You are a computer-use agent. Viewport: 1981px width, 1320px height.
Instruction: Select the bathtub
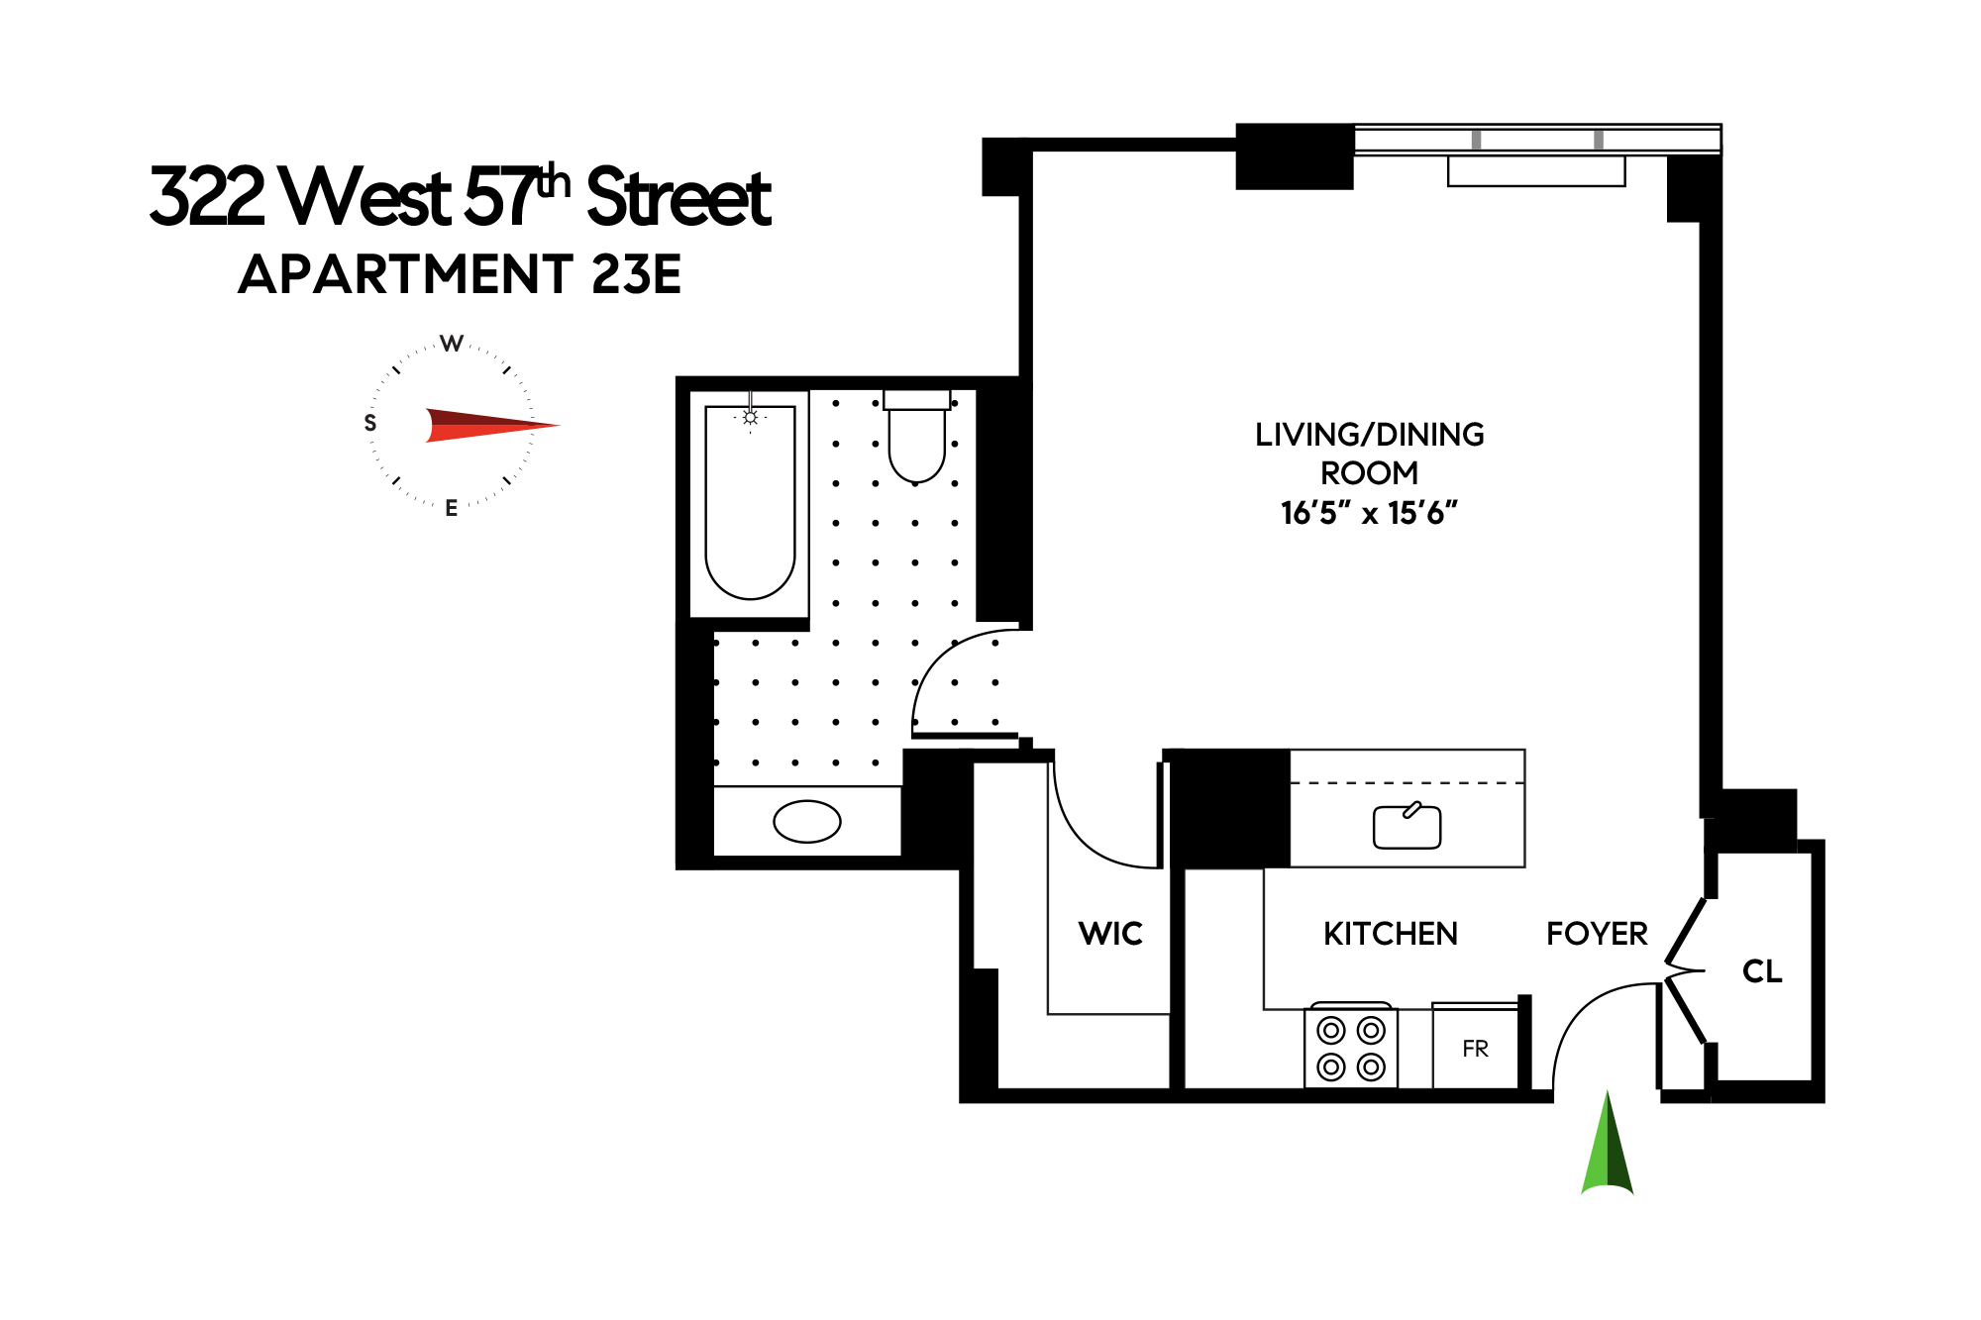click(750, 504)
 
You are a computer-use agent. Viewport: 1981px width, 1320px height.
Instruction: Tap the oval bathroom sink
click(806, 821)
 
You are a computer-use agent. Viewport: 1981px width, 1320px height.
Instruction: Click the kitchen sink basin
click(1407, 827)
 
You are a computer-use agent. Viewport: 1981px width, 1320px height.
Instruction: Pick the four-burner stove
click(1351, 1049)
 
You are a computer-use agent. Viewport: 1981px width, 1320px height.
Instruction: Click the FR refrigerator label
click(1475, 1049)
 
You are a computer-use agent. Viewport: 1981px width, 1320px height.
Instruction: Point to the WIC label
click(1110, 934)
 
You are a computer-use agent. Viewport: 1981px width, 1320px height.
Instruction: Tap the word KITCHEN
click(1390, 934)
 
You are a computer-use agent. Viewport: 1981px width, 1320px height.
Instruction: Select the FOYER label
click(1597, 934)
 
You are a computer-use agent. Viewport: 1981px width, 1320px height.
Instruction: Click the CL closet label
click(1762, 971)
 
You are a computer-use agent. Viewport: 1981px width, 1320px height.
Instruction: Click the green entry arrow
click(1607, 1149)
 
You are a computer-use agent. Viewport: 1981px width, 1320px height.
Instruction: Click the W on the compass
click(452, 344)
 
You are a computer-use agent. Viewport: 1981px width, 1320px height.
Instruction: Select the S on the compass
click(370, 423)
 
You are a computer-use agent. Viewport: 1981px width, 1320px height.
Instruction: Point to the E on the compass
click(452, 508)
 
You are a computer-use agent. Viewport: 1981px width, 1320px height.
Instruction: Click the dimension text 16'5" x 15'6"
click(1369, 513)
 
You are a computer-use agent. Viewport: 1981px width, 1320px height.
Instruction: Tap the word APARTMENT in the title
click(406, 274)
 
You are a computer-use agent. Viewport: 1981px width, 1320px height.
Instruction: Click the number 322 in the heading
click(207, 197)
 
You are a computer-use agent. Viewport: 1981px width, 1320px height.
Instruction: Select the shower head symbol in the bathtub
click(750, 418)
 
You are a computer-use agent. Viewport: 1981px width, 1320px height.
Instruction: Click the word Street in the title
click(678, 197)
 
